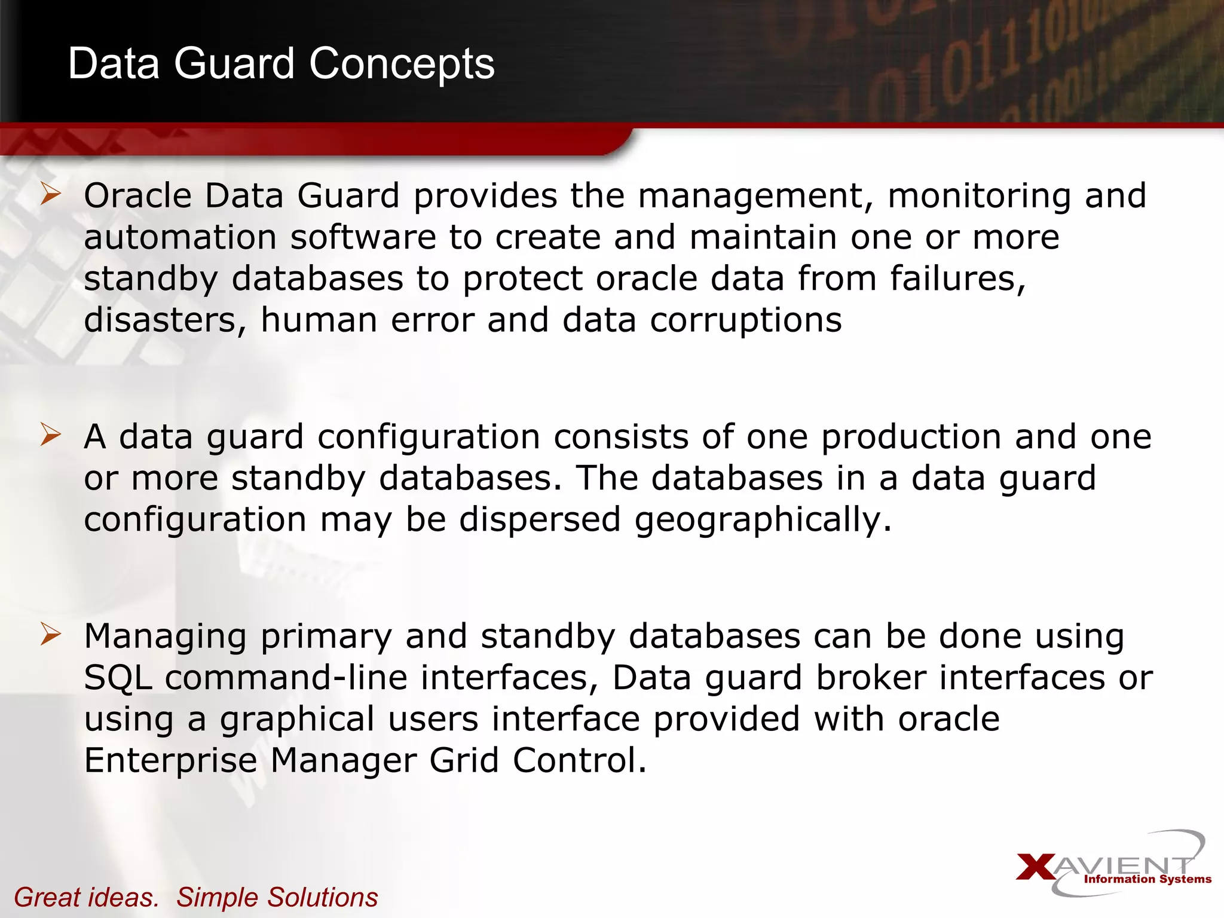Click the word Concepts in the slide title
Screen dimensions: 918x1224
(402, 64)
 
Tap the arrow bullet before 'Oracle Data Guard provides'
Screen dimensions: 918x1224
(51, 195)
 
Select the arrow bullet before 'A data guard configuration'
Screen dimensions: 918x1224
(51, 435)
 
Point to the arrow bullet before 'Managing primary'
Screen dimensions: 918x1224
(51, 634)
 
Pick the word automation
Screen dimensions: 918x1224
(180, 237)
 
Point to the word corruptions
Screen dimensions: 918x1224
(746, 320)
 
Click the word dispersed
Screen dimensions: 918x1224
(540, 519)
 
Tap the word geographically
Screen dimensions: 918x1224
(763, 520)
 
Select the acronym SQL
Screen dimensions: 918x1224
(118, 678)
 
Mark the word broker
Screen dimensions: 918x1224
(871, 678)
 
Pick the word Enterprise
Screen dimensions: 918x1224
(171, 761)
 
